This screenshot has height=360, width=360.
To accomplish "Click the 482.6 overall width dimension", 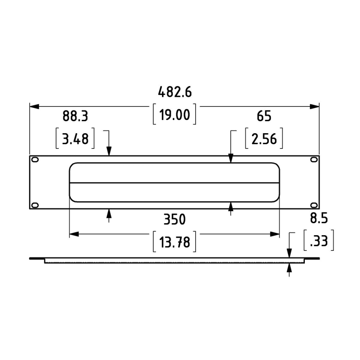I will pos(175,92).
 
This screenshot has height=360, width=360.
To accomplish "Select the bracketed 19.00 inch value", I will pos(174,115).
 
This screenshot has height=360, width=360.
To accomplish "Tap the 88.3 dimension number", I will pos(75,116).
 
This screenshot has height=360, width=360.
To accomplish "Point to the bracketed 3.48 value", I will pos(75,139).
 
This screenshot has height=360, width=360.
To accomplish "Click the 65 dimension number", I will pos(264,116).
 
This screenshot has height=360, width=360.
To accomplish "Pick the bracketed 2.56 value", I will pos(264,139).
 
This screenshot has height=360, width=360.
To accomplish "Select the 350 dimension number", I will pos(175,219).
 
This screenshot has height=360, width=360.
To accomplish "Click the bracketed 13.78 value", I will pos(174,242).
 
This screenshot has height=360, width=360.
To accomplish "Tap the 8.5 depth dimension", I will pos(319,218).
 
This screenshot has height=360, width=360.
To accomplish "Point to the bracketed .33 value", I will pos(319,241).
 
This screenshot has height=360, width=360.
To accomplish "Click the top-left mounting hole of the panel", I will pos(35,160).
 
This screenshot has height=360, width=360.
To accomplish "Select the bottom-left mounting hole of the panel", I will pos(35,205).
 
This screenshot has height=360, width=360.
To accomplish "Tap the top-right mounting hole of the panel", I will pos(314,160).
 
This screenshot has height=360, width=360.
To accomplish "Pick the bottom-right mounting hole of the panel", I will pos(314,205).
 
